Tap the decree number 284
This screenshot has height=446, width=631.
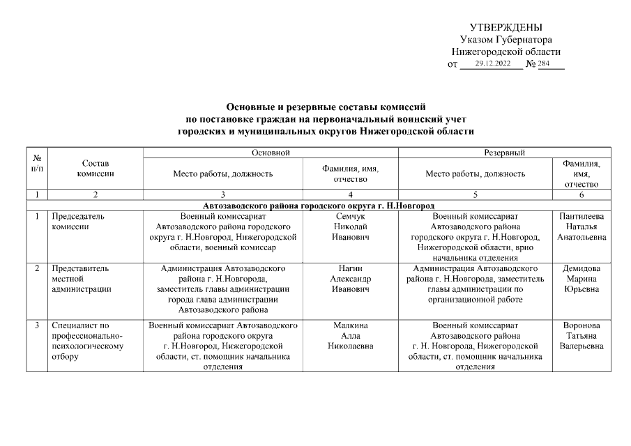(x=544, y=64)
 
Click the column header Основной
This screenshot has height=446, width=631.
(x=271, y=152)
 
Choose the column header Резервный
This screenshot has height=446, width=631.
(x=503, y=152)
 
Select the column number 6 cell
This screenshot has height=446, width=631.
(x=581, y=194)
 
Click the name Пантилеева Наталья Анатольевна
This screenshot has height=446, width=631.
(x=581, y=227)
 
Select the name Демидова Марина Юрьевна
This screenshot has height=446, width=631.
(x=581, y=279)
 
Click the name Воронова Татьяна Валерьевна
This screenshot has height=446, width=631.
(x=581, y=336)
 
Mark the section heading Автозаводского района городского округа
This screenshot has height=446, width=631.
(x=319, y=206)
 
